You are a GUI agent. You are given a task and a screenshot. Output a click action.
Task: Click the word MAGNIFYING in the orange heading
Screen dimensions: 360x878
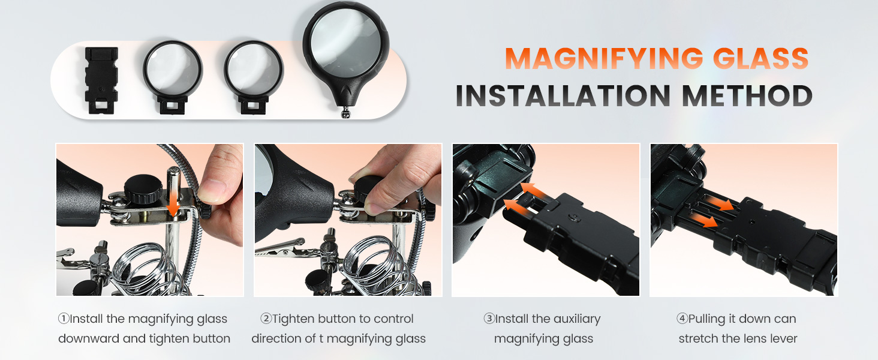pos(600,59)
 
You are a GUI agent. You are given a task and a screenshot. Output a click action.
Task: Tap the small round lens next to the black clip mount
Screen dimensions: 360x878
pos(173,71)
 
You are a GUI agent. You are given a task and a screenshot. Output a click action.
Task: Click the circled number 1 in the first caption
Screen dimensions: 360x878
pos(63,319)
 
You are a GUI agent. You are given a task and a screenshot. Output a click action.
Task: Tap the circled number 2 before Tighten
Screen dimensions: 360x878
pos(266,319)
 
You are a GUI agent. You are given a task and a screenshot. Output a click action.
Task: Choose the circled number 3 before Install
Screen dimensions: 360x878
pos(489,319)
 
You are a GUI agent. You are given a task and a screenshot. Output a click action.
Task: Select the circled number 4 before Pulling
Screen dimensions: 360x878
pos(682,319)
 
